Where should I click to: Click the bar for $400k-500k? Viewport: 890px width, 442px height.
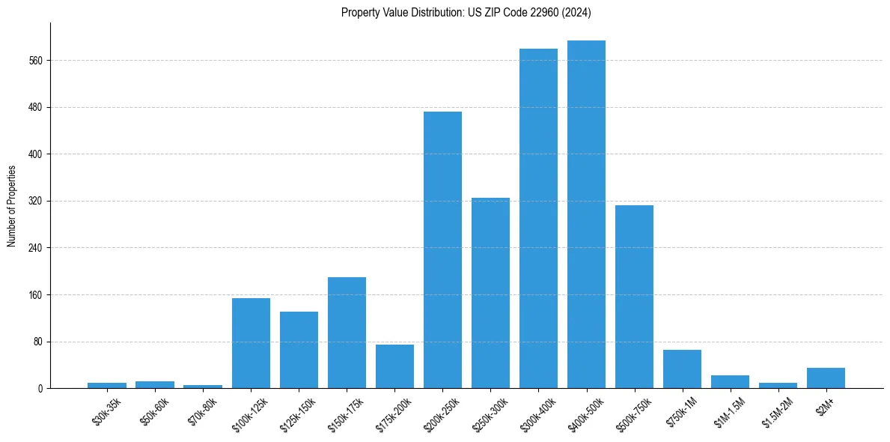click(x=586, y=214)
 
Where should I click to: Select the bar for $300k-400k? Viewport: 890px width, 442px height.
click(x=538, y=219)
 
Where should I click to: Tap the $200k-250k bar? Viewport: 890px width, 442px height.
click(x=442, y=250)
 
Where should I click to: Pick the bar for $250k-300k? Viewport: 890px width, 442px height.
click(x=490, y=293)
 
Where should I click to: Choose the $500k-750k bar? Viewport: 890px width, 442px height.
click(x=634, y=297)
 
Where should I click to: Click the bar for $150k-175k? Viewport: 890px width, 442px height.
click(x=347, y=333)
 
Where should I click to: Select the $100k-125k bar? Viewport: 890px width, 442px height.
click(x=251, y=343)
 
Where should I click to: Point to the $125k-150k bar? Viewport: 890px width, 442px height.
click(x=299, y=350)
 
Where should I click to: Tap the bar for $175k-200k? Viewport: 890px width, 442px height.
click(x=394, y=366)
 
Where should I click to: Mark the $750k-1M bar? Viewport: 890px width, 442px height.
click(x=682, y=369)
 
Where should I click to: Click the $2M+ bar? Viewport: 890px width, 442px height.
click(x=826, y=378)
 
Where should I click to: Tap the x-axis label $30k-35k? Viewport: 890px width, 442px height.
click(x=106, y=411)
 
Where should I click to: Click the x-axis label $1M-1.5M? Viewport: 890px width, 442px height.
click(x=727, y=413)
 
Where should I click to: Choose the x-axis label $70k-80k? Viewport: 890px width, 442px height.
click(x=202, y=411)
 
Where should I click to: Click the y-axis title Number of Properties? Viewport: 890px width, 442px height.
click(x=12, y=206)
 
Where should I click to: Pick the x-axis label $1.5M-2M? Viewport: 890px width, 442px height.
click(x=775, y=413)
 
